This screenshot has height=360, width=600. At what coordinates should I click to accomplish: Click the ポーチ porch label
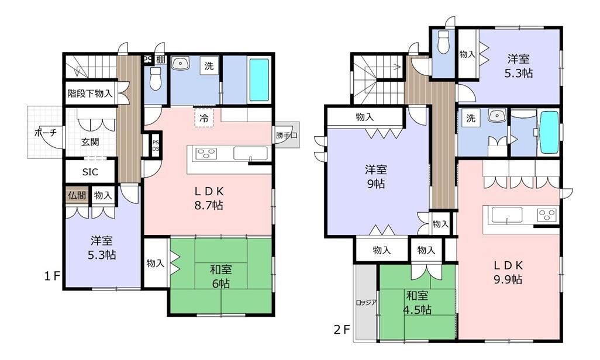46,133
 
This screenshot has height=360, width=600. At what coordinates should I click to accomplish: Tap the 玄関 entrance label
90,142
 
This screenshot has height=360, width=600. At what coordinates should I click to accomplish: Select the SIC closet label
90,172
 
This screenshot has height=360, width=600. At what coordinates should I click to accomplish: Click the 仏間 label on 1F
77,196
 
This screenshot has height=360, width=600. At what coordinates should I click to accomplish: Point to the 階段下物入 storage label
90,93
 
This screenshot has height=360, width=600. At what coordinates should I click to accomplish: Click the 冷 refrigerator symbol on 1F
204,118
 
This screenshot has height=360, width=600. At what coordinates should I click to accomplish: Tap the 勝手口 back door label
287,135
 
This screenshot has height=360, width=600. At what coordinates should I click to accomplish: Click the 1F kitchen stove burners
206,154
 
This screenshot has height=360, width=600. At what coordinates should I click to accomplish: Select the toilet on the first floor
156,79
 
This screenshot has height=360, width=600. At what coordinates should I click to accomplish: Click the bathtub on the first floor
259,80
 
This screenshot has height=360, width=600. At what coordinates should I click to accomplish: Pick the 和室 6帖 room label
221,276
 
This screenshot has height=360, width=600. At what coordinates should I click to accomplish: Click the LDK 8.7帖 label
209,198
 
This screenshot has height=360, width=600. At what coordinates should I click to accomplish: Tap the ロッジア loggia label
366,302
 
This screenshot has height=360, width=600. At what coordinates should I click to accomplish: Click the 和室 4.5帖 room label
417,302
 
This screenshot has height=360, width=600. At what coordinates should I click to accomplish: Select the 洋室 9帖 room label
376,176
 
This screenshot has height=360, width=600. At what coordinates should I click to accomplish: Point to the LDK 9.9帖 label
508,272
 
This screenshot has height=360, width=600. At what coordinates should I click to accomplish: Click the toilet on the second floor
443,41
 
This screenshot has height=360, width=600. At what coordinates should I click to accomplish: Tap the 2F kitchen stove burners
547,215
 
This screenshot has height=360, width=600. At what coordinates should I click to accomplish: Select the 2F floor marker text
342,330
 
